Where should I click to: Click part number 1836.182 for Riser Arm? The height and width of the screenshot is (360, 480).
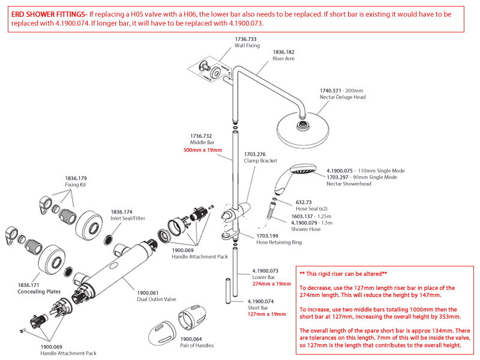click(283, 52)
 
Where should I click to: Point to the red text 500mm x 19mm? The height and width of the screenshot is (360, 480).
click(202, 150)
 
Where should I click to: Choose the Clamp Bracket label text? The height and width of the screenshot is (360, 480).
click(260, 161)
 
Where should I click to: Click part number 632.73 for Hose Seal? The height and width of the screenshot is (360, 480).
click(304, 202)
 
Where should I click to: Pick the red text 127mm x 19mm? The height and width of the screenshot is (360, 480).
click(267, 313)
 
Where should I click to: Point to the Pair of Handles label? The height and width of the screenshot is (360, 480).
click(197, 346)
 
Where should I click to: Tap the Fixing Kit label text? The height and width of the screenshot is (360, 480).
click(76, 185)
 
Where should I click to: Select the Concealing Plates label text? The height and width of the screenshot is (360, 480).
click(39, 292)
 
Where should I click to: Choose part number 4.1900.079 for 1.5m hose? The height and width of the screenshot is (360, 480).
click(307, 222)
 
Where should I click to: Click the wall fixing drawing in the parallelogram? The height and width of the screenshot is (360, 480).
click(211, 70)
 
